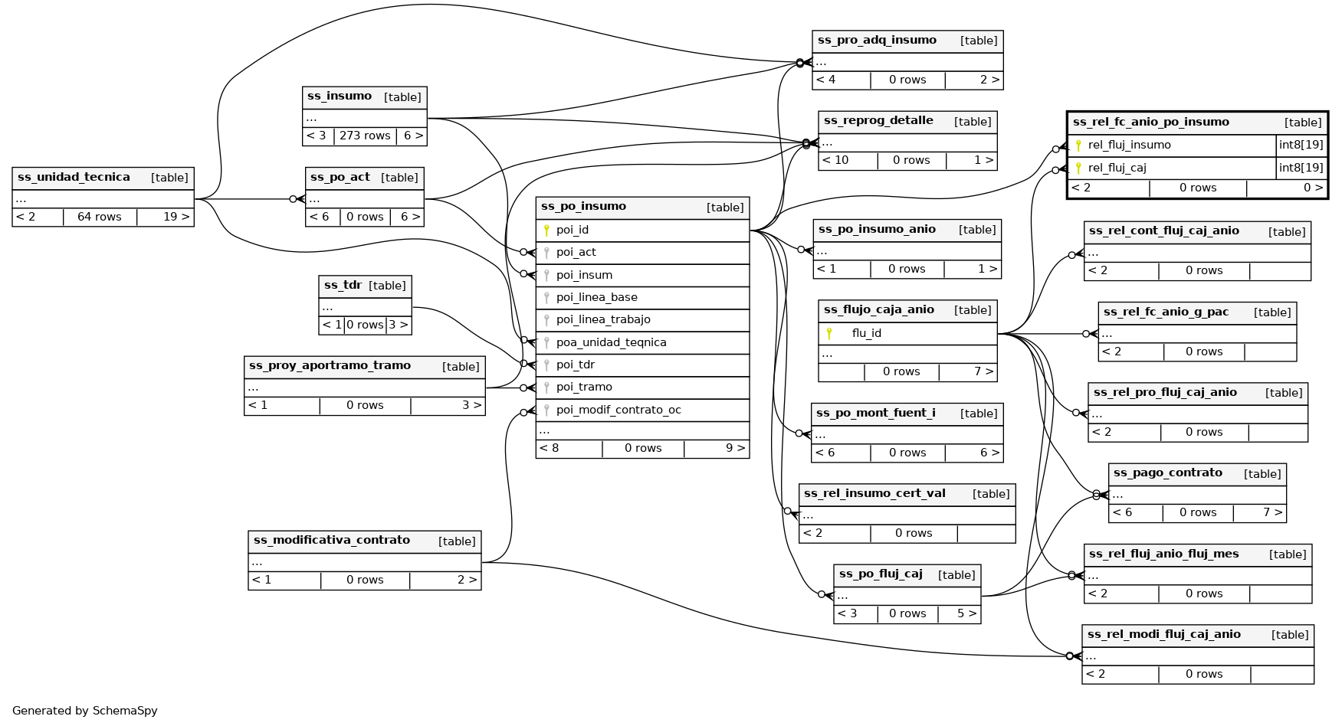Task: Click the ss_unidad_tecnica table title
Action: tap(74, 178)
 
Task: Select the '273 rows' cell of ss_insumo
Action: tap(365, 136)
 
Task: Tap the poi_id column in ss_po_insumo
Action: tap(573, 230)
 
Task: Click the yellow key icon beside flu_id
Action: tap(828, 333)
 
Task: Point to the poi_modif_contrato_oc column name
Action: tap(619, 410)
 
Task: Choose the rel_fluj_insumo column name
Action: tap(1129, 146)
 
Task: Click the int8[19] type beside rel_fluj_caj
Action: tap(1301, 168)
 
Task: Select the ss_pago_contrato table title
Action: tap(1167, 473)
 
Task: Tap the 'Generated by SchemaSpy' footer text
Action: tap(85, 711)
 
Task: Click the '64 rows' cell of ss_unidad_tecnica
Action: tap(100, 217)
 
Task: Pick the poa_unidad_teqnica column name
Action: tap(611, 342)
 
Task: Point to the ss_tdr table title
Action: tap(343, 286)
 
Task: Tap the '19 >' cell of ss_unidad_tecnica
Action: tap(176, 217)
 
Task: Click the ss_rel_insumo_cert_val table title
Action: tap(874, 494)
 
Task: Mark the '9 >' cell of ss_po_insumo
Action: tap(735, 449)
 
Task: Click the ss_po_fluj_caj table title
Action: tap(881, 574)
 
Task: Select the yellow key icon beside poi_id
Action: tap(546, 230)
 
